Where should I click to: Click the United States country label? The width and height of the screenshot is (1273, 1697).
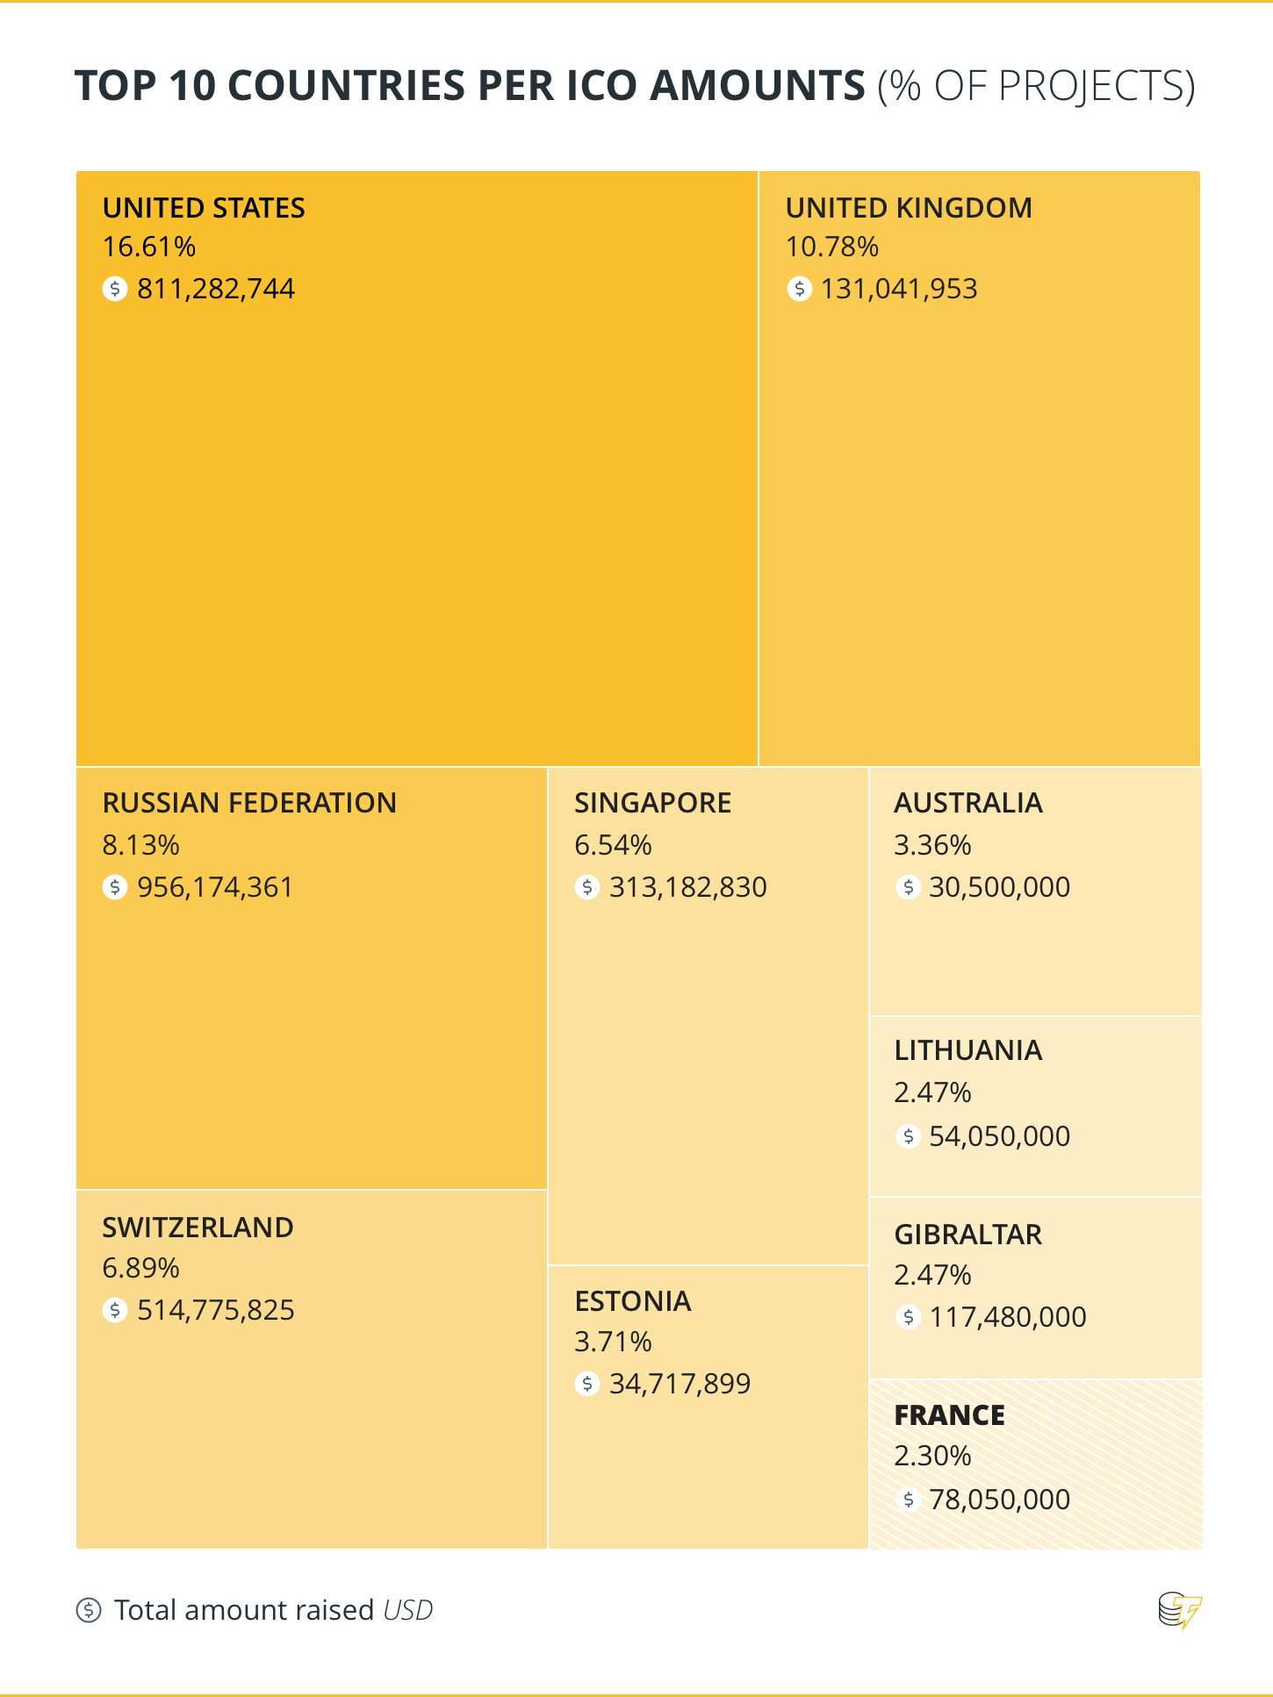point(204,208)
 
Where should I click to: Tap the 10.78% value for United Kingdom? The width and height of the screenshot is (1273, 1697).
point(831,247)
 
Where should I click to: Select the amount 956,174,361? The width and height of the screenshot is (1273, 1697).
point(215,887)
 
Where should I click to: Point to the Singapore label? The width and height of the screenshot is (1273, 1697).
point(652,803)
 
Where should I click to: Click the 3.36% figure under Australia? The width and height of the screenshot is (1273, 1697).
point(932,845)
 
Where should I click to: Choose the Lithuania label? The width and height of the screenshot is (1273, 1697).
point(967,1050)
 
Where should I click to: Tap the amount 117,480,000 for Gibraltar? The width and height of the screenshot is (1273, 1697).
point(1008,1317)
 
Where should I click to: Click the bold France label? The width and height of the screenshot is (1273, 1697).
point(949,1415)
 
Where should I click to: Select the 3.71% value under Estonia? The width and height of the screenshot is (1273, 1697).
point(613,1342)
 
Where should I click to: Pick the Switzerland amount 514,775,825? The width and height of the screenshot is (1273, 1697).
point(216,1310)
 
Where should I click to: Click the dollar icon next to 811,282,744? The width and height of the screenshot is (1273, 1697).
point(115,289)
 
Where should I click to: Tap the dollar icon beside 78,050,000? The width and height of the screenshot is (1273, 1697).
point(908,1500)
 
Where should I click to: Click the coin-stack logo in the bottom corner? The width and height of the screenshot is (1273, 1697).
point(1179,1610)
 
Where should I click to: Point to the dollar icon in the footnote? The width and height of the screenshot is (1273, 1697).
point(89,1610)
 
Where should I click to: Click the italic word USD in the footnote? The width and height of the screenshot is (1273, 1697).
point(408,1610)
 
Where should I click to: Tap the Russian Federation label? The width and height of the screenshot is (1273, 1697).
point(249,803)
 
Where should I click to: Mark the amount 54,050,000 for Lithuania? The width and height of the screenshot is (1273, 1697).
point(999,1136)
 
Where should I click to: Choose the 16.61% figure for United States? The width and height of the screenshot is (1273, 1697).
point(148,247)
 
